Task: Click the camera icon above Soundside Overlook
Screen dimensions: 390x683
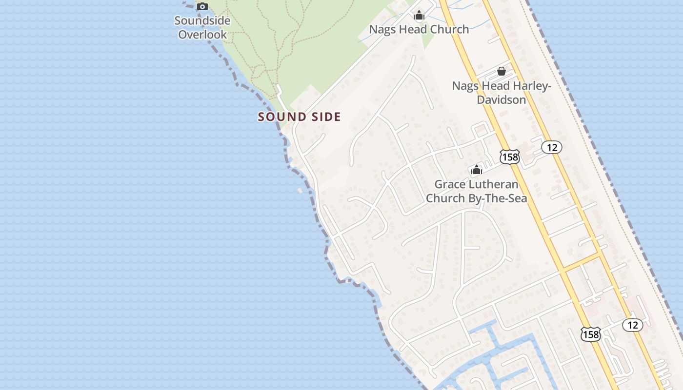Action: click(x=202, y=6)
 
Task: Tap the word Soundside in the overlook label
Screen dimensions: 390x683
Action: click(x=202, y=21)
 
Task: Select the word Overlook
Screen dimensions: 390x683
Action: click(x=202, y=35)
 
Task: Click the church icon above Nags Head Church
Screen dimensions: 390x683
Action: click(x=419, y=16)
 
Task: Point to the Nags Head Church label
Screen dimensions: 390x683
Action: click(x=419, y=29)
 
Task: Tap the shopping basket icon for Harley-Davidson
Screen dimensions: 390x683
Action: click(x=501, y=72)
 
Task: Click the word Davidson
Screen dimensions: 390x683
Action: click(x=501, y=100)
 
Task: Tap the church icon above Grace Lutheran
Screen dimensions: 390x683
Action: click(x=476, y=170)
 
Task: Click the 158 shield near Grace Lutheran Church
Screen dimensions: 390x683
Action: click(x=509, y=156)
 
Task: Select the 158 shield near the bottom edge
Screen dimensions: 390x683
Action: click(x=591, y=334)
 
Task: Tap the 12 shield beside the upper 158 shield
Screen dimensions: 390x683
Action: click(x=551, y=147)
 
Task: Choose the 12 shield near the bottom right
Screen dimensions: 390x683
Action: click(x=632, y=325)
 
